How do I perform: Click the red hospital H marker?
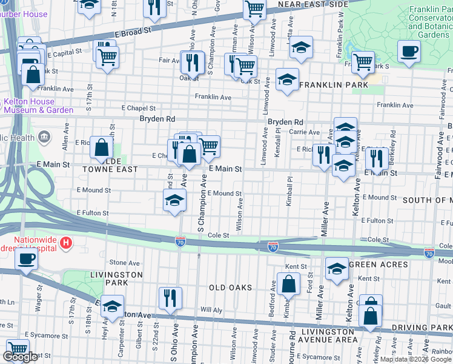coord(67,244)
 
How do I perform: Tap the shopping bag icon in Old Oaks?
coord(289,283)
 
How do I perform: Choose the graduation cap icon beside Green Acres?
coord(337,269)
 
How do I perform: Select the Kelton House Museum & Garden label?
coord(39,106)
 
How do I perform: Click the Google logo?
coord(21,357)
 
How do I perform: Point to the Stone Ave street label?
coord(124,263)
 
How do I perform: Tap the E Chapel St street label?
coord(138,107)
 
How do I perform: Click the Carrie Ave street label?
coord(304,132)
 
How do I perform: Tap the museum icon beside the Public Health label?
coord(44,137)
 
